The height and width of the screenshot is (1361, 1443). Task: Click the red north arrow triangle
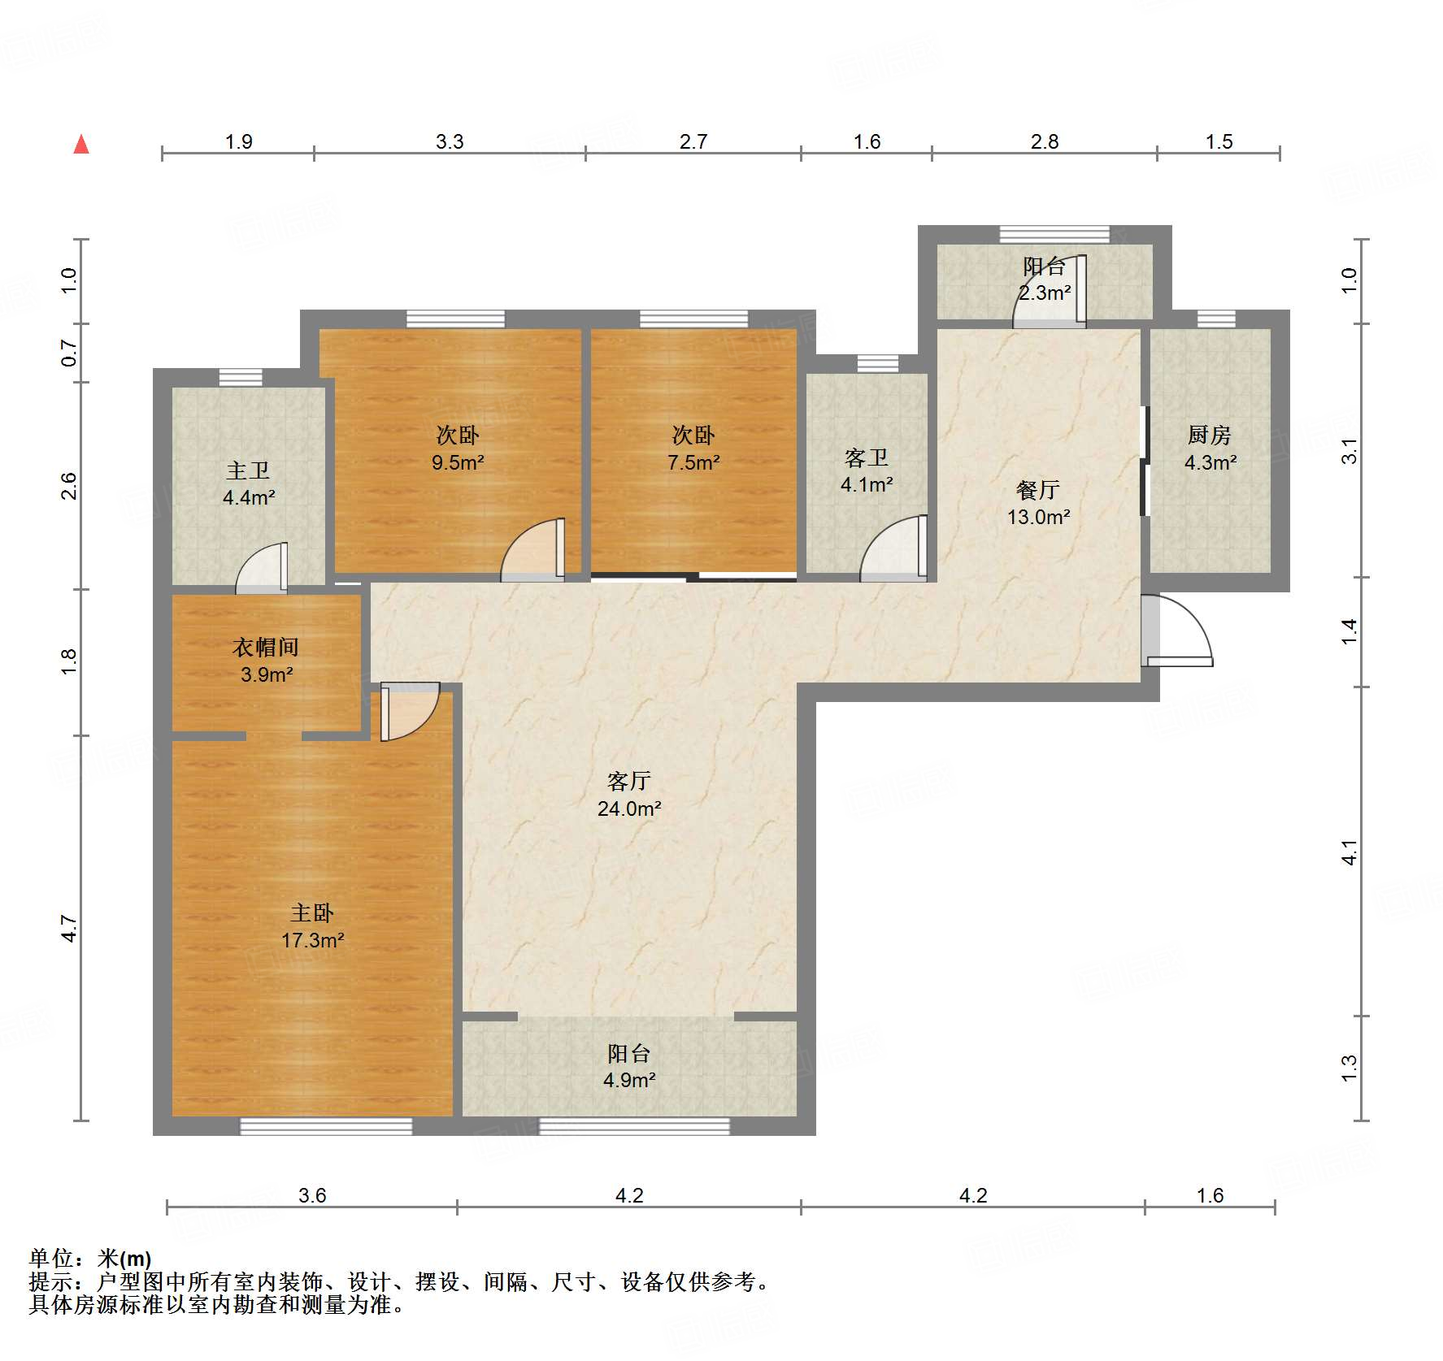tap(81, 144)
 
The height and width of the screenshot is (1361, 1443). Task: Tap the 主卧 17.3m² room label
tap(313, 926)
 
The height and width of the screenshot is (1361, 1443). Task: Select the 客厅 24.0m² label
tap(629, 795)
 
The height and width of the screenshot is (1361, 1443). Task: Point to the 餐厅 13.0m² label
tap(1038, 503)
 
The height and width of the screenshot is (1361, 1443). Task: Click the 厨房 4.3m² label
tap(1210, 449)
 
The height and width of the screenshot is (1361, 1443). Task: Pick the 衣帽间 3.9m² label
tap(266, 661)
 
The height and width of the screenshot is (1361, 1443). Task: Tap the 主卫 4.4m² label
tap(249, 483)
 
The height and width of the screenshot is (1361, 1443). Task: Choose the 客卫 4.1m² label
tap(867, 471)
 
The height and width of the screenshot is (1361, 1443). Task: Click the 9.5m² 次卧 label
tap(458, 449)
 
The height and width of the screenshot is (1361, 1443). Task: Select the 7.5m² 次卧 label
tap(693, 449)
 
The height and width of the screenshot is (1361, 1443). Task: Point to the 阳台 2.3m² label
tap(1045, 280)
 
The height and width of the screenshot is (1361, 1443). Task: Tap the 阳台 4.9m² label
tap(629, 1067)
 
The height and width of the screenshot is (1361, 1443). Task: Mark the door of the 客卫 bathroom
tap(894, 548)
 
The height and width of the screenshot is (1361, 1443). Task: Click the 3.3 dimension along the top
tap(450, 141)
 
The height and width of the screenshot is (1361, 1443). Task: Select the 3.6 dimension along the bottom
tap(312, 1195)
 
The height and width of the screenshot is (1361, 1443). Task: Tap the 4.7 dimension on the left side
tap(70, 928)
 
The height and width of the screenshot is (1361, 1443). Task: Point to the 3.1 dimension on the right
tap(1349, 451)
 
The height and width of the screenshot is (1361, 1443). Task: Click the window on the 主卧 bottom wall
tap(326, 1126)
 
